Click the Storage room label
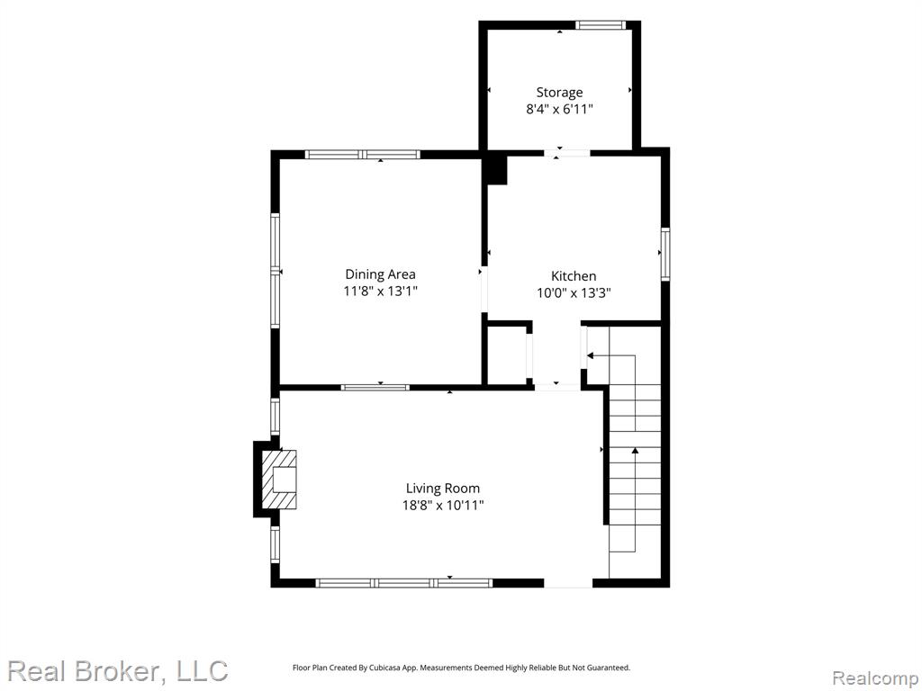pos(559,93)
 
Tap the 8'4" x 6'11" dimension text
pos(559,109)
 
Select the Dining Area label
pos(380,274)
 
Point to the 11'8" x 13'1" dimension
pos(380,291)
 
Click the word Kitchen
pos(574,276)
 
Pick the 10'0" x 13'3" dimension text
pos(574,292)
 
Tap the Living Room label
pos(443,489)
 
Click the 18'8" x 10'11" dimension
pos(443,506)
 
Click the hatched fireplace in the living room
pos(279,480)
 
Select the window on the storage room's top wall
pos(599,24)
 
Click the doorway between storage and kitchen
pos(567,153)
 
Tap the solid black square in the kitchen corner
pos(494,170)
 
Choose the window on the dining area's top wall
pos(362,155)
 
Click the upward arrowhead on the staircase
pos(635,451)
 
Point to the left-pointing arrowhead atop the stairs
pos(591,355)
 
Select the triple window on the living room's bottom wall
pos(404,583)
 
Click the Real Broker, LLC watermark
pos(118,671)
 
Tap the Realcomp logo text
pos(875,678)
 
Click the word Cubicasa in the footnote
pos(386,669)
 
